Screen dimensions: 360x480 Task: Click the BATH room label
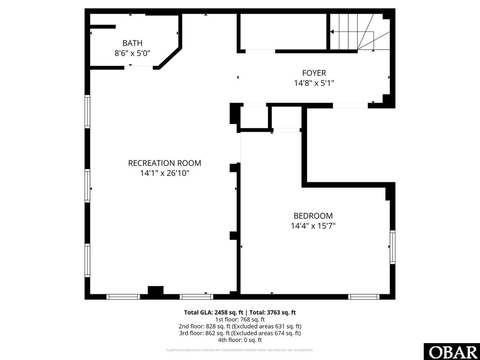(132, 43)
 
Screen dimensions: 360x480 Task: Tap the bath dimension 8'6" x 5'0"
(132, 53)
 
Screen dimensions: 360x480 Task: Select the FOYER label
(314, 73)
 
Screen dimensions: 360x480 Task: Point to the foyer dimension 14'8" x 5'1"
(314, 83)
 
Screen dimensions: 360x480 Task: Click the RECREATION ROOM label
(165, 163)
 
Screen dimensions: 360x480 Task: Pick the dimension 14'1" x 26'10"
(165, 173)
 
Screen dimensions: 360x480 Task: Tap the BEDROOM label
(313, 216)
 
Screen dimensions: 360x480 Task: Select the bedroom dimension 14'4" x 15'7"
(313, 226)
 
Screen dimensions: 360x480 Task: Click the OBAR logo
(451, 352)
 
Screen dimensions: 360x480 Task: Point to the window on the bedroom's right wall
(392, 247)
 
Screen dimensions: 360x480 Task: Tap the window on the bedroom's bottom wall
(364, 296)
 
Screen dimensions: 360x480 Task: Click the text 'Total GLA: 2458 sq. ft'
(213, 312)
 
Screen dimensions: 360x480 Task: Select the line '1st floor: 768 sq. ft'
(240, 319)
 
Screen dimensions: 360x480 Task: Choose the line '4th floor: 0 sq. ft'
(240, 340)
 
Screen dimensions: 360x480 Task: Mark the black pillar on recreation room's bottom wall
(156, 291)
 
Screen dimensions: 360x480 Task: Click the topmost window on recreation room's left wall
(87, 111)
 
